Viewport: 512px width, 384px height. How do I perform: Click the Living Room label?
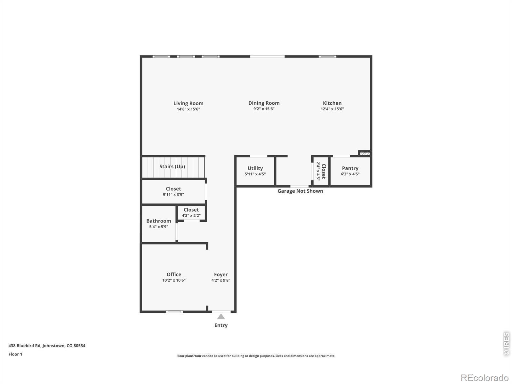tap(188, 103)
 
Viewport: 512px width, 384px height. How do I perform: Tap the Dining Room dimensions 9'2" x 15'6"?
tap(264, 109)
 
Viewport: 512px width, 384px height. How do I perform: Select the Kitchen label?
tap(332, 103)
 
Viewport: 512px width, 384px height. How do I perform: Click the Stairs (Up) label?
tap(172, 166)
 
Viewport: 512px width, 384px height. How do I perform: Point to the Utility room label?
tap(255, 168)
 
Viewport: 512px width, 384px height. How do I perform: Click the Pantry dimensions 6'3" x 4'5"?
tap(350, 174)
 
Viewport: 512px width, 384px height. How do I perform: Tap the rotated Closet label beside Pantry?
tap(324, 171)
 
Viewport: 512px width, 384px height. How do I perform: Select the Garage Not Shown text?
tap(300, 191)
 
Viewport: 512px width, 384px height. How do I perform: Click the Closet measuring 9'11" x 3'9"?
tap(173, 191)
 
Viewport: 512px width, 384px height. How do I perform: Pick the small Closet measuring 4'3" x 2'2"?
tap(191, 212)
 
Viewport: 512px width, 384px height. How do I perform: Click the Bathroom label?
tap(158, 221)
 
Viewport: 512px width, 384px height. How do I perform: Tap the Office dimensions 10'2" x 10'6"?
tap(174, 280)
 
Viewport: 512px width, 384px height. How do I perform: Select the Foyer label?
tap(221, 275)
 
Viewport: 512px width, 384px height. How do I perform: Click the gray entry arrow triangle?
tap(221, 317)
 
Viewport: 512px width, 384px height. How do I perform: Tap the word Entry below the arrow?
tap(221, 325)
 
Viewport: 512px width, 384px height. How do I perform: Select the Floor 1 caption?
tap(15, 354)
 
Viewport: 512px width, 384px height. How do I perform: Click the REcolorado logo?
tap(484, 378)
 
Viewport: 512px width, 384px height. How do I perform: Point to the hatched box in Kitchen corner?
tap(364, 154)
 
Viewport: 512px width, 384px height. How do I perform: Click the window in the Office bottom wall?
tap(174, 311)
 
